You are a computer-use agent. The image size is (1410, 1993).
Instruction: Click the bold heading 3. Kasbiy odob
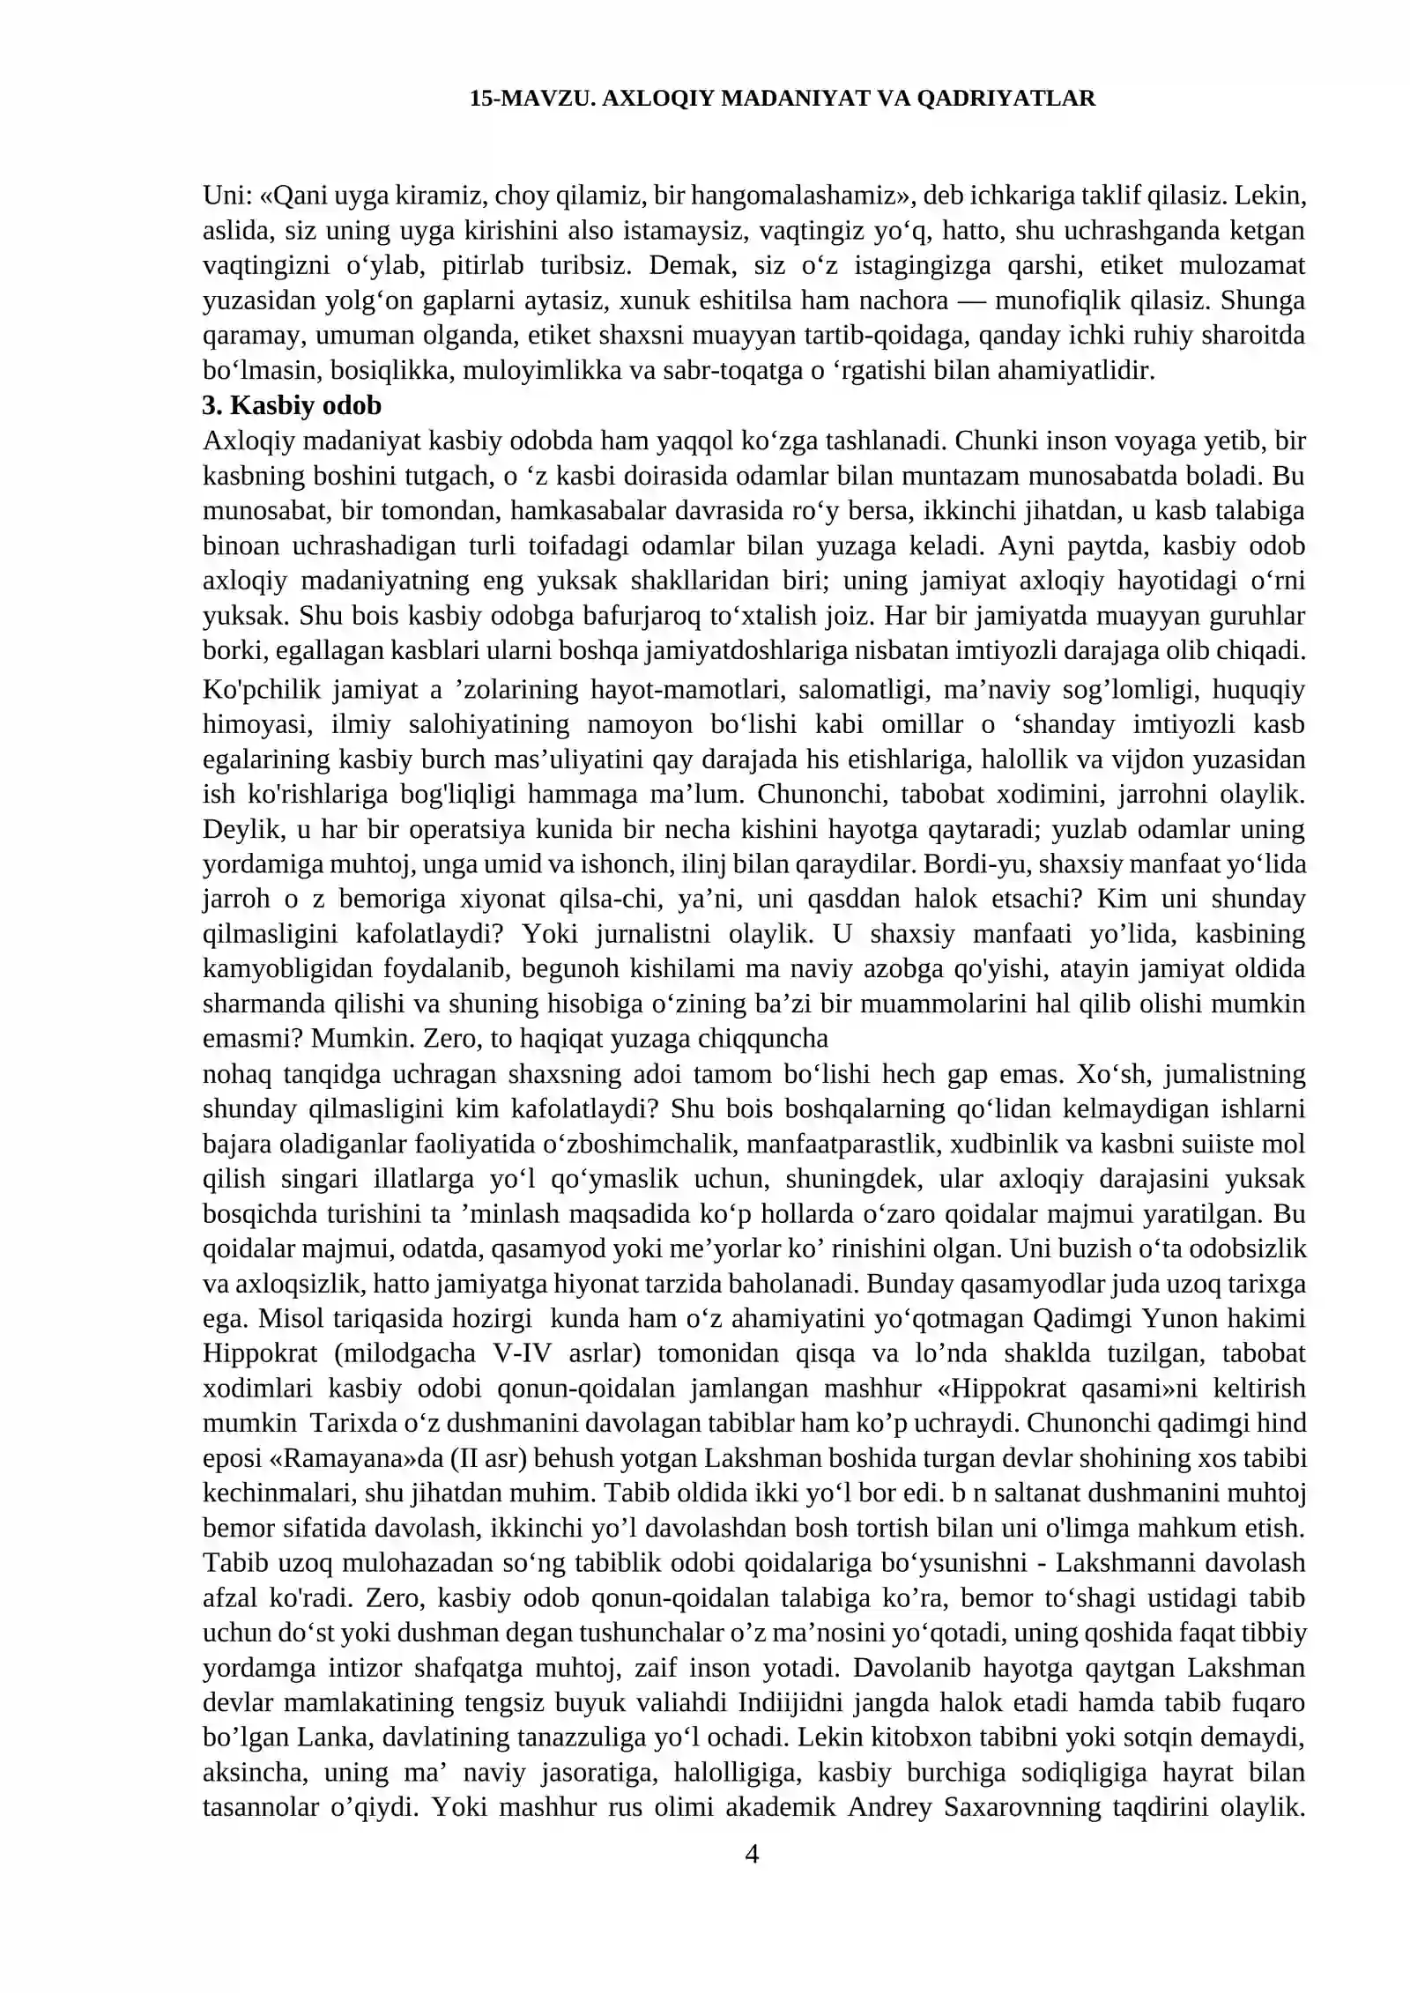(x=292, y=405)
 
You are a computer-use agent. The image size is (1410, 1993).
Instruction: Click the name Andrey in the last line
(x=890, y=1808)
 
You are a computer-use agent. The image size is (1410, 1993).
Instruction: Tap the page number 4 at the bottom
(x=752, y=1855)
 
